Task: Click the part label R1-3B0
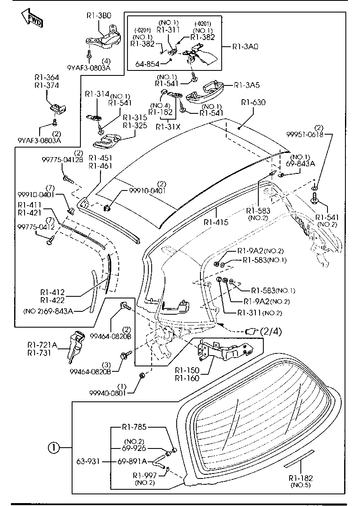coord(99,15)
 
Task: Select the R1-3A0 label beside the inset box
coord(245,47)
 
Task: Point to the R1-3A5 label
coord(247,85)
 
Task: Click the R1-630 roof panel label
coord(252,103)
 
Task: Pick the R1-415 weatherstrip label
coord(216,223)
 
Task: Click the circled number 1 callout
coord(52,448)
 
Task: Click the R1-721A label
coord(41,345)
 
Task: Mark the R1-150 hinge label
coord(187,371)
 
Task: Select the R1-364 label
coord(47,78)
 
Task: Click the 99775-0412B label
coord(62,159)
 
